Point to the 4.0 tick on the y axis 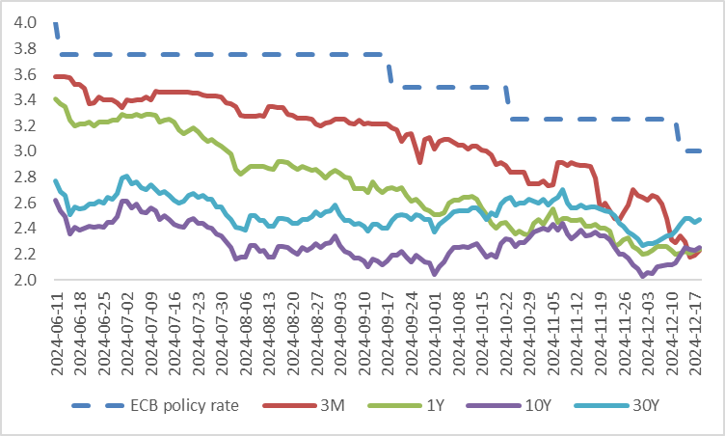tap(26, 22)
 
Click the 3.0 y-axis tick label tap(26, 151)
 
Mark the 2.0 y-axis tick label tap(26, 281)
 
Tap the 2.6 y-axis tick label tap(26, 203)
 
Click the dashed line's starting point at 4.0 tap(55, 23)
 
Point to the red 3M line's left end tap(55, 76)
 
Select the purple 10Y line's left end tap(55, 201)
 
